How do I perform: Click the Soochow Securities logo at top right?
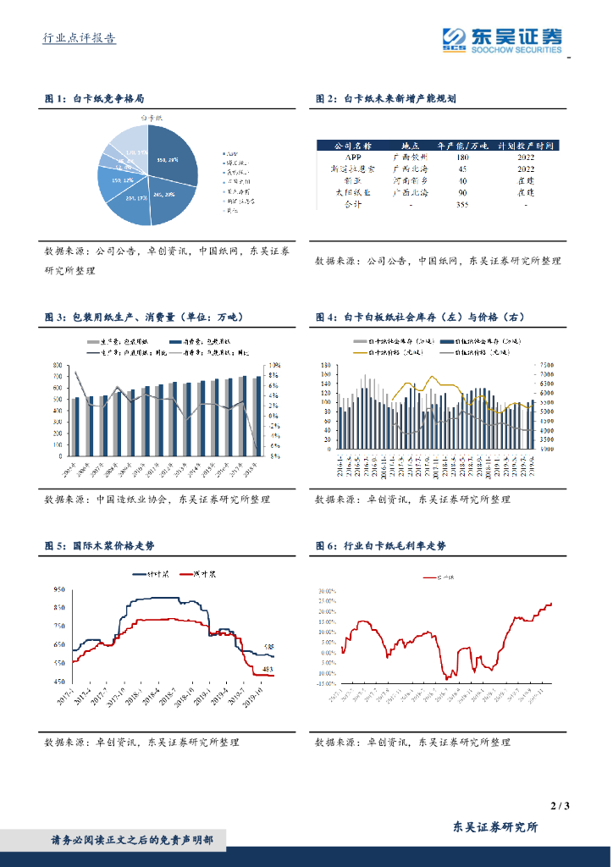(x=502, y=39)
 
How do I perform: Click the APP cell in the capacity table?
(x=353, y=157)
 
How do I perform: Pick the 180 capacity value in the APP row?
(x=462, y=157)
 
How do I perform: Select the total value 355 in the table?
(x=462, y=204)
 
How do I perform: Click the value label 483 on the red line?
(x=267, y=669)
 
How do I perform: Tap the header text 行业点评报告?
(x=80, y=38)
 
